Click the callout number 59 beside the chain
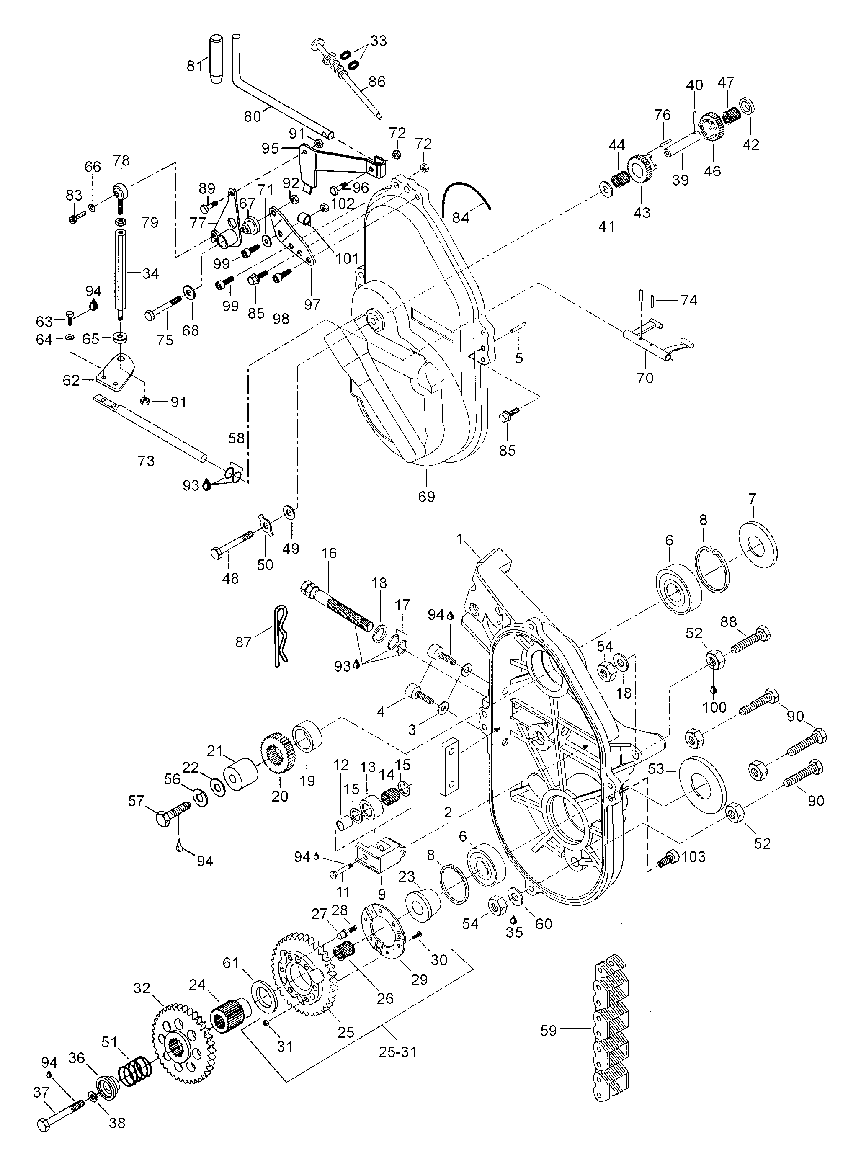(548, 1030)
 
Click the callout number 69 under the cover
(426, 496)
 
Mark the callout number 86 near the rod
(376, 81)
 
